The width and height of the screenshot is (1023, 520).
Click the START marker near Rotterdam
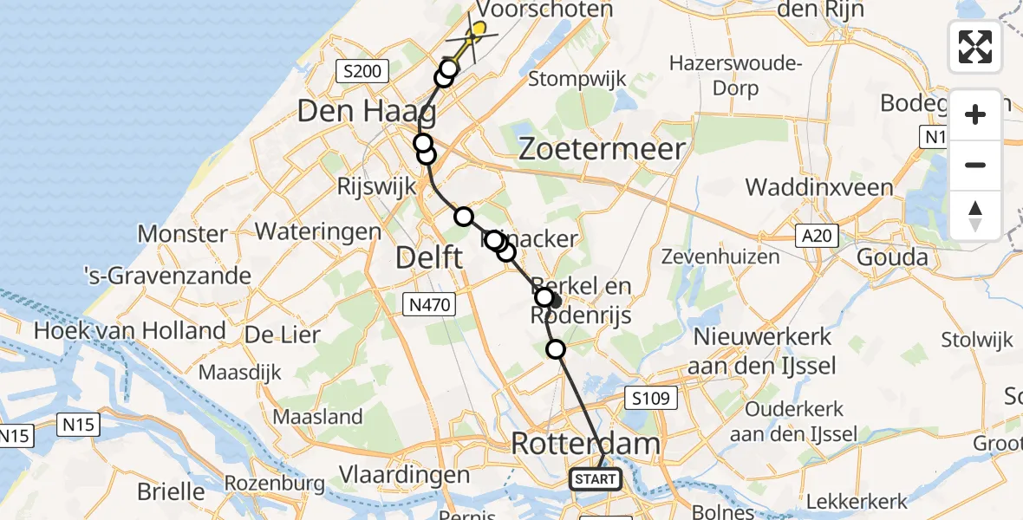click(596, 478)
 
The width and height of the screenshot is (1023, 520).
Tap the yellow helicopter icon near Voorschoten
click(473, 35)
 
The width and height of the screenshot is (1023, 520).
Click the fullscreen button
click(975, 47)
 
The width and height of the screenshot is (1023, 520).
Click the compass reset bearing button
click(975, 215)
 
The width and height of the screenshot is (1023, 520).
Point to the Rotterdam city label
click(585, 444)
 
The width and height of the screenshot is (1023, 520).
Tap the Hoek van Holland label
click(130, 330)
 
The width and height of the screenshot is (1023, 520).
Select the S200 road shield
click(363, 71)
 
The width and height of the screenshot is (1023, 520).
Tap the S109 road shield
click(649, 398)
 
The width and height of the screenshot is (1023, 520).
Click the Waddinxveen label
click(818, 188)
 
